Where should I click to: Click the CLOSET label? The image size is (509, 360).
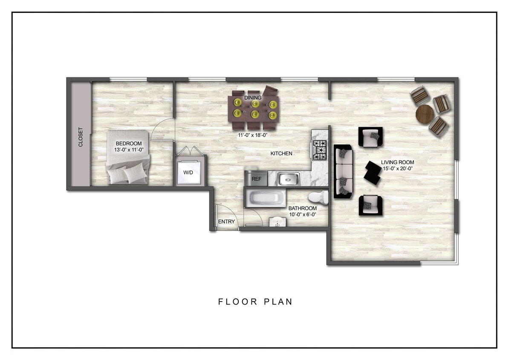[x=80, y=137]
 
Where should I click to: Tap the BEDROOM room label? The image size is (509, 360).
[x=128, y=144]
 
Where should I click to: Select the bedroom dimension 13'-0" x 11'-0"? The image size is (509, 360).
[x=128, y=150]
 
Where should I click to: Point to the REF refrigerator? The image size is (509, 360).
[x=256, y=179]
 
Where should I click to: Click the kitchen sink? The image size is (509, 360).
[x=288, y=179]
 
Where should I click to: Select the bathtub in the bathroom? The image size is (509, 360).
[x=265, y=198]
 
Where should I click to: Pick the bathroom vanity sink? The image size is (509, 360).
[x=278, y=222]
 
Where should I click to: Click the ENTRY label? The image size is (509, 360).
[x=226, y=222]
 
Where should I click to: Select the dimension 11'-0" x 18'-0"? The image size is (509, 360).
[x=255, y=135]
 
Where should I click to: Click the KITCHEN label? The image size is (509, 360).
[x=281, y=153]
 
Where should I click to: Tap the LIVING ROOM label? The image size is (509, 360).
[x=397, y=162]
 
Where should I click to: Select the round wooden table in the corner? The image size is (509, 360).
[x=425, y=113]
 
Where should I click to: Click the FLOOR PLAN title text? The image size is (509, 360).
[x=255, y=302]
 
